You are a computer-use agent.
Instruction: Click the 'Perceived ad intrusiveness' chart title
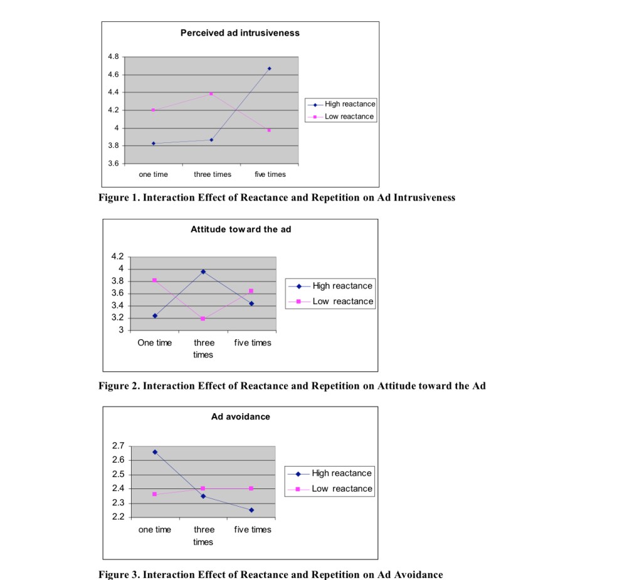pos(239,33)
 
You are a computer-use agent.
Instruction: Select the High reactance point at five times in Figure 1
pos(270,68)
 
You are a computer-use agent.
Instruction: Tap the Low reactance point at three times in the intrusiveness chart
pos(211,93)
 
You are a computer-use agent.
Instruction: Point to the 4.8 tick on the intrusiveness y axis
pos(113,56)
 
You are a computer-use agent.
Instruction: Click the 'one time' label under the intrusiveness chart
pos(153,174)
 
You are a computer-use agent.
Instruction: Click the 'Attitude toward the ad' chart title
pos(241,229)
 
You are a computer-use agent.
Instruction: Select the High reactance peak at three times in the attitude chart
pos(203,272)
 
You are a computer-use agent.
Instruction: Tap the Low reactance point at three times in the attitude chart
pos(203,319)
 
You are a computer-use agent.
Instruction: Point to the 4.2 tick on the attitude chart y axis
pos(117,256)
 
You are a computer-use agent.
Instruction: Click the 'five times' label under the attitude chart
pos(253,343)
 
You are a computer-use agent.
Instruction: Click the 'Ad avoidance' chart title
pos(241,416)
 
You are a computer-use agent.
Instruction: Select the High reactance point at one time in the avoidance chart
pos(155,451)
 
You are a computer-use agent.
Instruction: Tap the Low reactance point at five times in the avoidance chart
pos(251,488)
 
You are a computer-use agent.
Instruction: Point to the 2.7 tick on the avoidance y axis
pos(117,446)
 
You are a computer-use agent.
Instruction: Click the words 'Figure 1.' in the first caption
pos(119,198)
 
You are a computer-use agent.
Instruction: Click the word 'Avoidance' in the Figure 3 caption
pos(419,574)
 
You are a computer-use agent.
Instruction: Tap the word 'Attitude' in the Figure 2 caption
pos(397,386)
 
